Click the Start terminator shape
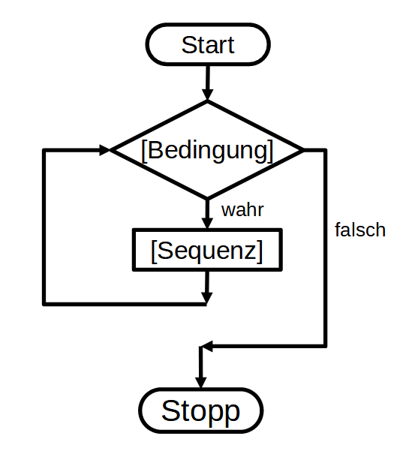pyautogui.click(x=207, y=45)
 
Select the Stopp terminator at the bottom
pyautogui.click(x=200, y=411)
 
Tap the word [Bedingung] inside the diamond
pyautogui.click(x=207, y=149)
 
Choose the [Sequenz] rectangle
pyautogui.click(x=207, y=249)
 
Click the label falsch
pyautogui.click(x=359, y=230)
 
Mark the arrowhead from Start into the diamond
pyautogui.click(x=208, y=95)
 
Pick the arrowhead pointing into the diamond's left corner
pyautogui.click(x=104, y=150)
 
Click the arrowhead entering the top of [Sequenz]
pyautogui.click(x=208, y=222)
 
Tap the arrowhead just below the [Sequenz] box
pyautogui.click(x=208, y=299)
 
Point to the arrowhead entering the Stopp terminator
pyautogui.click(x=200, y=380)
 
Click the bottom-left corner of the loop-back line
pyautogui.click(x=45, y=303)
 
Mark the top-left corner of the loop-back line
pyautogui.click(x=45, y=150)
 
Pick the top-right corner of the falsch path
pyautogui.click(x=325, y=150)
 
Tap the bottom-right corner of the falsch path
pyautogui.click(x=325, y=346)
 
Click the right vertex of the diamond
pyautogui.click(x=303, y=150)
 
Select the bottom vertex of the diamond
pyautogui.click(x=208, y=198)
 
